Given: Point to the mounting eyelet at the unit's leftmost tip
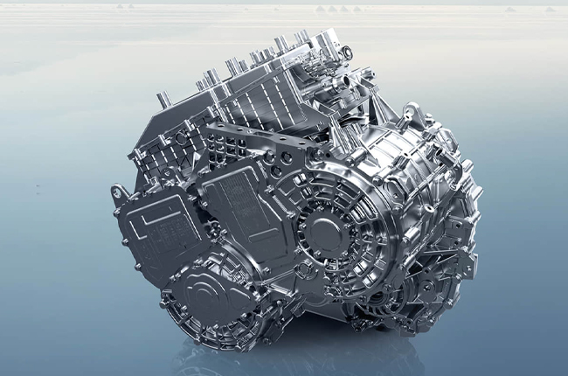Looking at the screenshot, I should tap(115, 191).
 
